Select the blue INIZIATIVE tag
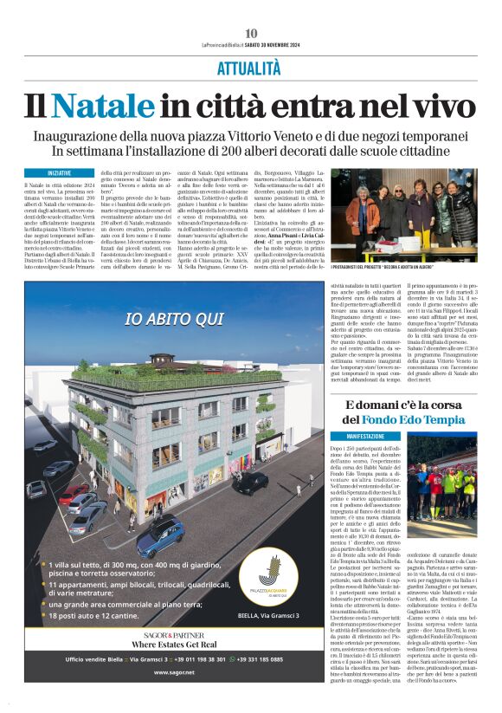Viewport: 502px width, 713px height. (60, 173)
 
